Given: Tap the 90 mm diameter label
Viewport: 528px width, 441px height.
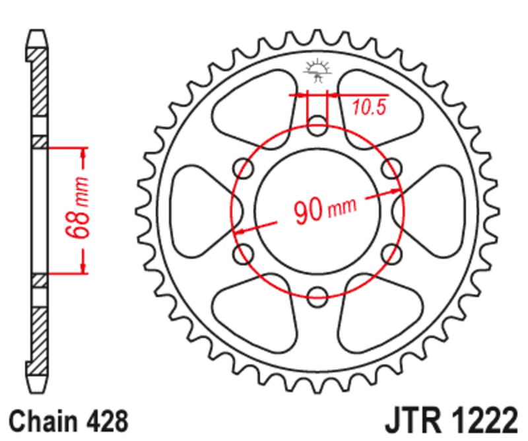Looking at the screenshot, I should pos(323,209).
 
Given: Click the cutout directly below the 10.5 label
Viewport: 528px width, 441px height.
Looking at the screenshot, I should pos(376,122).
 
